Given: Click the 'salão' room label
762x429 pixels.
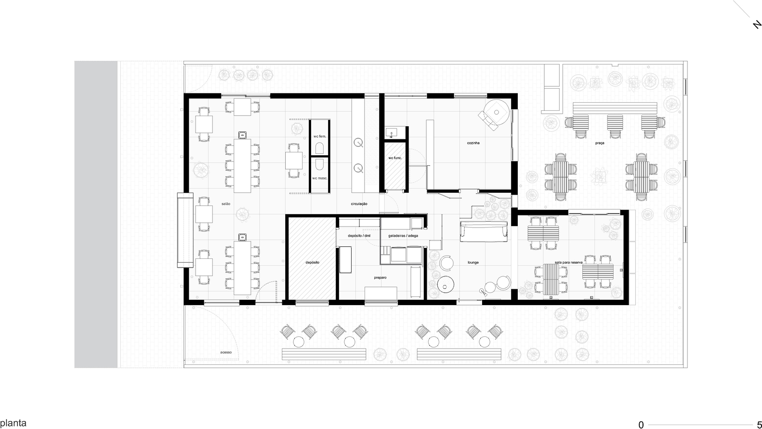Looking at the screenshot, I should click(226, 204).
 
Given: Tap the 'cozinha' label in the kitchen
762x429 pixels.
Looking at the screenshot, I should click(473, 143).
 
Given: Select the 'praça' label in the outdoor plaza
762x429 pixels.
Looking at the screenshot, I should click(599, 143).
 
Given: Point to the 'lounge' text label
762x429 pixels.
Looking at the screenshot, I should click(473, 263).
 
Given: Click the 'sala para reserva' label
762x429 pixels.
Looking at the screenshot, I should click(568, 263).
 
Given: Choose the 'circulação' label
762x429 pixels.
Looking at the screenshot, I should click(359, 204).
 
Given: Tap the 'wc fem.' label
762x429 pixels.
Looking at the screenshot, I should click(320, 136).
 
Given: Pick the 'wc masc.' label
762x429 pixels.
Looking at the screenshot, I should click(320, 178).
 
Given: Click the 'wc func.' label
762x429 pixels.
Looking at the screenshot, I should click(395, 158).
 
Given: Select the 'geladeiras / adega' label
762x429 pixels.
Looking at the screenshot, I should click(403, 236).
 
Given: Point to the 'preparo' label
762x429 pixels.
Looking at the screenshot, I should click(381, 278).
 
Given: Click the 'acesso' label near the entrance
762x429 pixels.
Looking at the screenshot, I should click(226, 352).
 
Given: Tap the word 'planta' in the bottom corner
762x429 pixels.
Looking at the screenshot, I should click(13, 423).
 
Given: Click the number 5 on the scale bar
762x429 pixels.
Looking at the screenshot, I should click(759, 425).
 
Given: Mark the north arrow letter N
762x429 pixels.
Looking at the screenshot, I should click(757, 25).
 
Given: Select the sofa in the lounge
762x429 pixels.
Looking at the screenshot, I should click(484, 232).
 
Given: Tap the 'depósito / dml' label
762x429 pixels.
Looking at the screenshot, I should click(359, 236).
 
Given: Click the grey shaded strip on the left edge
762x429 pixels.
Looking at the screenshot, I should click(96, 214).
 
